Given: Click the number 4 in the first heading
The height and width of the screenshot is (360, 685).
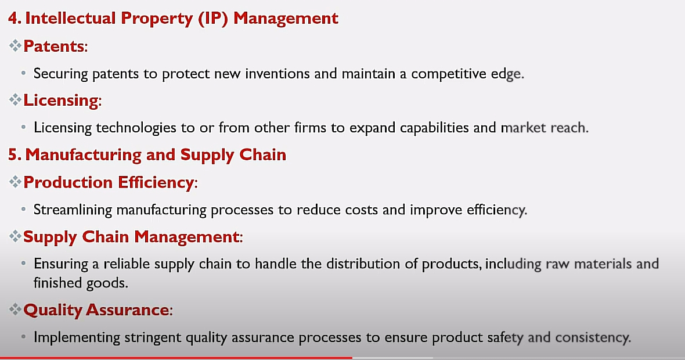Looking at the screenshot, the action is (x=13, y=19).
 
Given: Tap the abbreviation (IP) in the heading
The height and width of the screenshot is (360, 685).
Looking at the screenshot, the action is (x=213, y=19).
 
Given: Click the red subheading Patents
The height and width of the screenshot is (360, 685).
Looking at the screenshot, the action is (x=54, y=46).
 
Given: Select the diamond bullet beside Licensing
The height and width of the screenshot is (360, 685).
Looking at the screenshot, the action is (x=15, y=100).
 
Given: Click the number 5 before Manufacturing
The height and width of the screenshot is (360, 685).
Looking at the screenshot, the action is (x=13, y=154).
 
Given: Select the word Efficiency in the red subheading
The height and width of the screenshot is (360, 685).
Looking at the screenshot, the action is (x=156, y=182).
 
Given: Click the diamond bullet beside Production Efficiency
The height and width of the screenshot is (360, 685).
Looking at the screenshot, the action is (x=15, y=181).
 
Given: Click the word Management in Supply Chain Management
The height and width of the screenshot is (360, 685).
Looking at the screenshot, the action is (x=186, y=237).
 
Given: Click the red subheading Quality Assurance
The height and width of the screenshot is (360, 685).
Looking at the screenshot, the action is (x=96, y=310).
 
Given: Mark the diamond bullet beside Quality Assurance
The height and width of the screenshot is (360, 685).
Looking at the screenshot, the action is (x=15, y=309).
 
